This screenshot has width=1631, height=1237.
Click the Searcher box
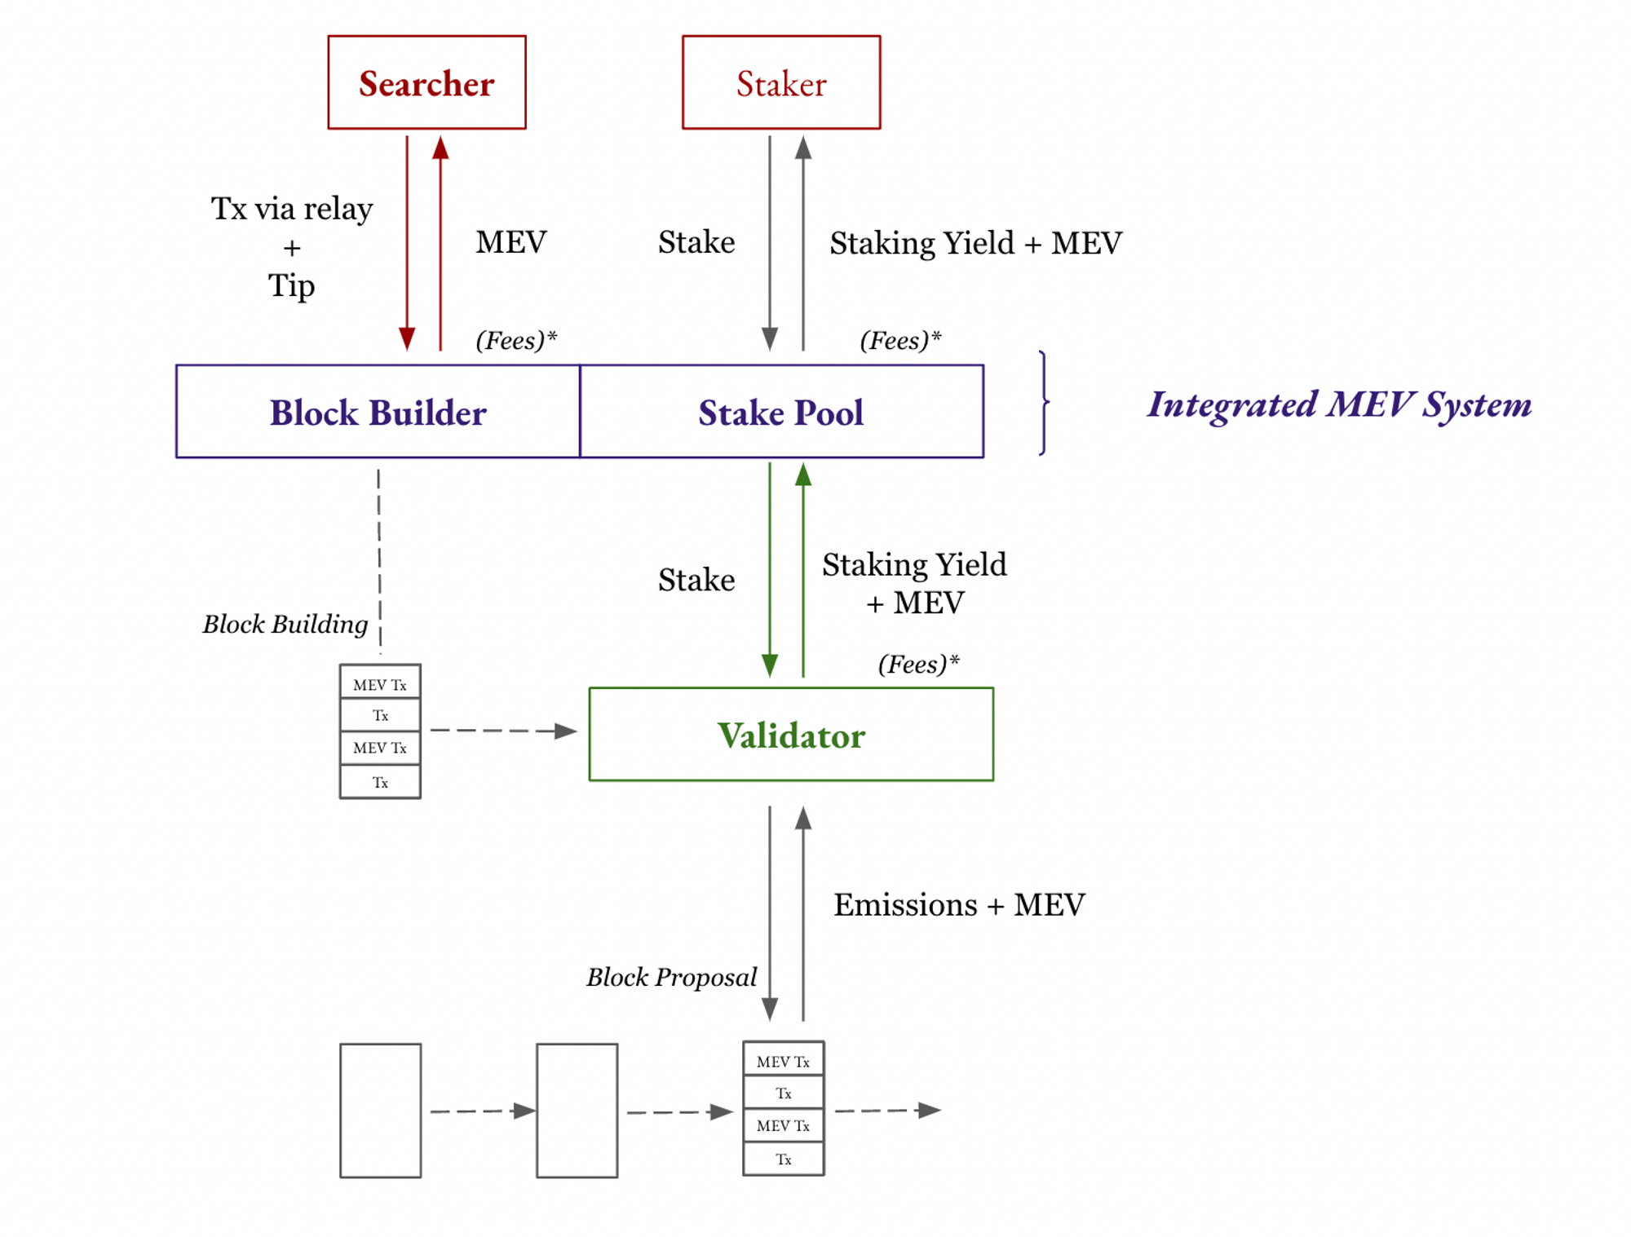pos(427,82)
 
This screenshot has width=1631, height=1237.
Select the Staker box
pos(780,82)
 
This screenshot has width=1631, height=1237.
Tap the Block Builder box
pos(378,412)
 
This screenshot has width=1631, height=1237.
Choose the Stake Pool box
pos(780,412)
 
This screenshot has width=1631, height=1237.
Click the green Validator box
pos(790,735)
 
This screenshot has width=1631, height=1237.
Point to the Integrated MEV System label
pos(1338,404)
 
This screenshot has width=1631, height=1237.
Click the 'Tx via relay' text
pos(291,209)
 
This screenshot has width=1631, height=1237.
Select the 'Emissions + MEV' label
pos(958,904)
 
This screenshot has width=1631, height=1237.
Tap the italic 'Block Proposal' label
pos(671,977)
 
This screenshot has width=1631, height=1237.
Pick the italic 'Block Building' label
pos(285,624)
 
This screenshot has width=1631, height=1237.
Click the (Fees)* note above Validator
pos(918,664)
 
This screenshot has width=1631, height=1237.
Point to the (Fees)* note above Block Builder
pos(515,340)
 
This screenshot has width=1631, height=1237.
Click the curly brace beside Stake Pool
pos(1044,403)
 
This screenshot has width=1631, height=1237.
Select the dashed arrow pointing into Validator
pos(502,731)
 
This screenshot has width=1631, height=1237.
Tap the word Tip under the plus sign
pos(291,285)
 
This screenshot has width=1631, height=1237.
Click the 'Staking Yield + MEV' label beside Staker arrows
pos(975,243)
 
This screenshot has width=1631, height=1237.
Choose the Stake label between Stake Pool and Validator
pos(696,580)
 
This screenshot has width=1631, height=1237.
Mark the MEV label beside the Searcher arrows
pos(511,242)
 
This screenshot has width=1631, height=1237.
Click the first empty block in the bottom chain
pos(380,1110)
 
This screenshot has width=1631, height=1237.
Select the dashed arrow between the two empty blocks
pos(481,1111)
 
